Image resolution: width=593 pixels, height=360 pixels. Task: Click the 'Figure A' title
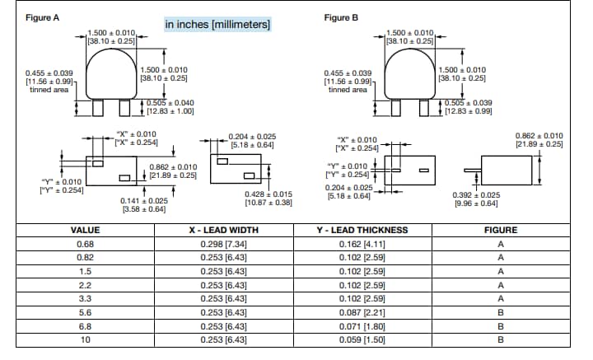tap(42, 18)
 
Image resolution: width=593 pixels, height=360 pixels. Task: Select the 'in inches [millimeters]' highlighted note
tap(217, 25)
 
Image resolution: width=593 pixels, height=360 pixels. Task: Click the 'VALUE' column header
tap(85, 231)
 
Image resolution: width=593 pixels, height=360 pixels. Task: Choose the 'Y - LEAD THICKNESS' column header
tap(363, 231)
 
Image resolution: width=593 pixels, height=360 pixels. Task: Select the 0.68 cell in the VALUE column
tap(85, 245)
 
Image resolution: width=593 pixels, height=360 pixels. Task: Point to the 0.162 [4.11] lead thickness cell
tap(363, 245)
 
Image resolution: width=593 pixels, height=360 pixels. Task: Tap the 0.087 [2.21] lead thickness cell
tap(363, 313)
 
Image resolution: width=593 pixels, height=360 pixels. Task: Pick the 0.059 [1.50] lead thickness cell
tap(363, 340)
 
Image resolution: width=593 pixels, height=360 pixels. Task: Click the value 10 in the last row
tap(85, 340)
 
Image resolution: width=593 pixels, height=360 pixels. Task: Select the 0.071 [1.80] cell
tap(363, 327)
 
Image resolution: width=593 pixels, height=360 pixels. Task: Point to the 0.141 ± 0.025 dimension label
tap(144, 200)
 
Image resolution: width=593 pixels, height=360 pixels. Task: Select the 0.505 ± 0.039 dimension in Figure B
tap(468, 102)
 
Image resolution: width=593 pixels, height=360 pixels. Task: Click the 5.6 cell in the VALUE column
tap(85, 313)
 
